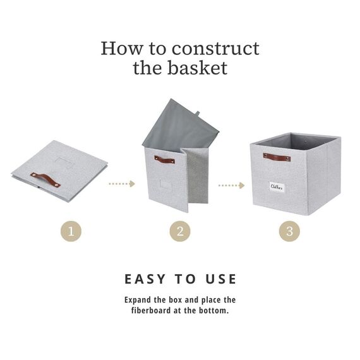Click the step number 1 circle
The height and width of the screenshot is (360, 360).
pos(71,231)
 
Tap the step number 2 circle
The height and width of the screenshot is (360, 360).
pos(180,231)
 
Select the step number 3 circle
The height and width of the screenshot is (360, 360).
pos(289,231)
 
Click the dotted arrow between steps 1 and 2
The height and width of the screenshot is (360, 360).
pos(122,184)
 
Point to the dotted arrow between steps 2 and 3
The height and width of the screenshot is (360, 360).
pos(231,185)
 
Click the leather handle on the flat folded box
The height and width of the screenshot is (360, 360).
pos(45,179)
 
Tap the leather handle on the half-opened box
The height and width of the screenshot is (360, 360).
pos(164,159)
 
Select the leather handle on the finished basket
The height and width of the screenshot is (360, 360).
pos(277,157)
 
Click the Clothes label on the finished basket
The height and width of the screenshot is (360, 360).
pos(277,187)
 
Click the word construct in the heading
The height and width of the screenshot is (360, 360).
pos(215,49)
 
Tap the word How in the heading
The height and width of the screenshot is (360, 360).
pos(122,49)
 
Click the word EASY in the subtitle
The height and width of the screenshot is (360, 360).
pos(145,279)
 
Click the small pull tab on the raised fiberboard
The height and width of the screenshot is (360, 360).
pos(198,113)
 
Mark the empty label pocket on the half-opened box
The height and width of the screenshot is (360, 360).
pos(166,184)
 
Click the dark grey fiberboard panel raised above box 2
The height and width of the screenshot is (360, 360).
pos(181,126)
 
